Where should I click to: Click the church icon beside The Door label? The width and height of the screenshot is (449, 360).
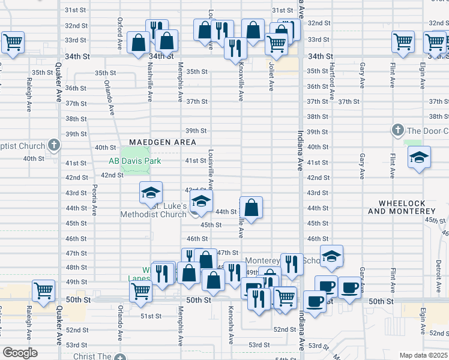(397, 130)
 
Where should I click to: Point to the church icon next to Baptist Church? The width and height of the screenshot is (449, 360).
(54, 145)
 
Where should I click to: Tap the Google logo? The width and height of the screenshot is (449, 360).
(19, 353)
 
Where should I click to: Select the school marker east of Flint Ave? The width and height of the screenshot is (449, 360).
(420, 158)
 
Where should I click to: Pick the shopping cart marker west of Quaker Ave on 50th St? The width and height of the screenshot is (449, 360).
(44, 291)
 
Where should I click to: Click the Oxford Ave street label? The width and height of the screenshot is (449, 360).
(120, 28)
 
